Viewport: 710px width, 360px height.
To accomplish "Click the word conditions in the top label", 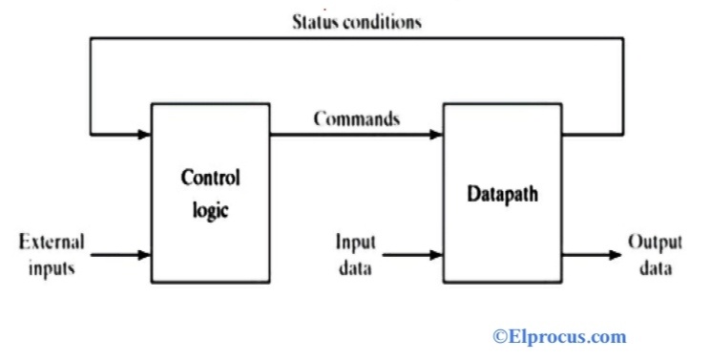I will coord(381,22).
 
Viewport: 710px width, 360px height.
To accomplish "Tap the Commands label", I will coord(356,120).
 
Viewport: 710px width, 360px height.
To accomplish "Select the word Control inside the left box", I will coord(210,179).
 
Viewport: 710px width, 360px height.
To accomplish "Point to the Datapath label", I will coord(502,193).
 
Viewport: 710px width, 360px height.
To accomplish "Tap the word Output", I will coord(655,242).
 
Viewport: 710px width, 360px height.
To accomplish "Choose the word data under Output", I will coord(655,267).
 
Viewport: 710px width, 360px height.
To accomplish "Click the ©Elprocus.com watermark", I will coord(559,336).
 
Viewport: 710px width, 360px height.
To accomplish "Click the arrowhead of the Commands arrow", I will coord(439,135).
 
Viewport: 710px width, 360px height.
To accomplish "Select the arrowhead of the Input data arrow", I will coord(439,255).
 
